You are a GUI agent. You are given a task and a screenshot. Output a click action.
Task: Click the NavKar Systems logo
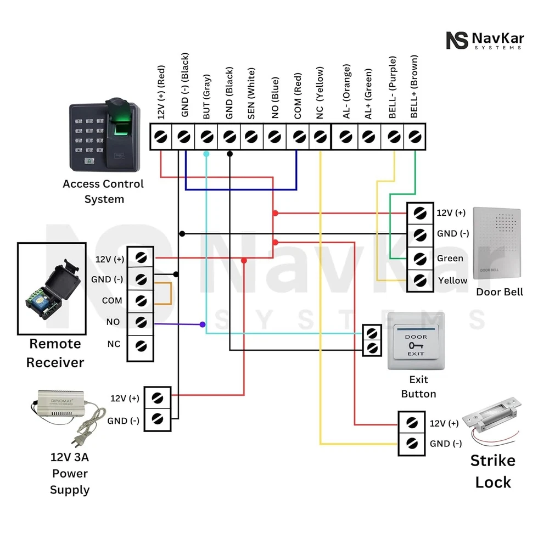(485, 41)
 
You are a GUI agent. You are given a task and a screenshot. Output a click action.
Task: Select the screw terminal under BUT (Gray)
(206, 136)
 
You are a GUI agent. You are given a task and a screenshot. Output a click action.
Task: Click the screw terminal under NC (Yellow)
(320, 136)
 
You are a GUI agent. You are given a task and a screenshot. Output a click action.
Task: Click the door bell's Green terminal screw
(420, 257)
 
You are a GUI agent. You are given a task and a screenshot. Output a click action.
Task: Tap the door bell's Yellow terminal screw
(420, 281)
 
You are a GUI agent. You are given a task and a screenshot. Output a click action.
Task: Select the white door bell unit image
(496, 244)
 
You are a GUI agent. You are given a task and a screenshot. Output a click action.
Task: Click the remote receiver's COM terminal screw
(141, 300)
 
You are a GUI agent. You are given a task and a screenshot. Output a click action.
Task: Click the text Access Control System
(103, 191)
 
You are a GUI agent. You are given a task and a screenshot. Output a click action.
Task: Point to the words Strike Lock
(492, 471)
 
